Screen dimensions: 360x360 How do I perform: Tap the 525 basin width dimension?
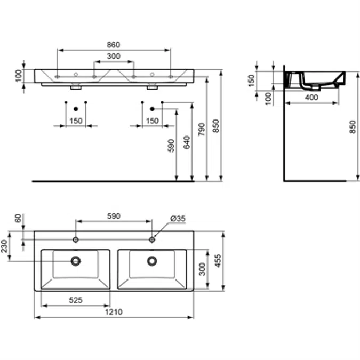76,300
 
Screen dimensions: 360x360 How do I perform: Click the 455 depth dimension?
217,260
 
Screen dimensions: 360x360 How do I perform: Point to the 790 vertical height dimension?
202,130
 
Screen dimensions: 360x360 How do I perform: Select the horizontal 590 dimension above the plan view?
113,216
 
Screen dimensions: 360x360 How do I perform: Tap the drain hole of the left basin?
76,261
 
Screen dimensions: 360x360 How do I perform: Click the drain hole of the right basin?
152,261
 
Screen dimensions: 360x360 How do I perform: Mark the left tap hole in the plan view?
76,239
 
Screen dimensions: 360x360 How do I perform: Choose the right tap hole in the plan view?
152,239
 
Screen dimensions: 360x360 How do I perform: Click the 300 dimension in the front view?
113,57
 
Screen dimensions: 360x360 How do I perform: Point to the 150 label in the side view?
252,80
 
